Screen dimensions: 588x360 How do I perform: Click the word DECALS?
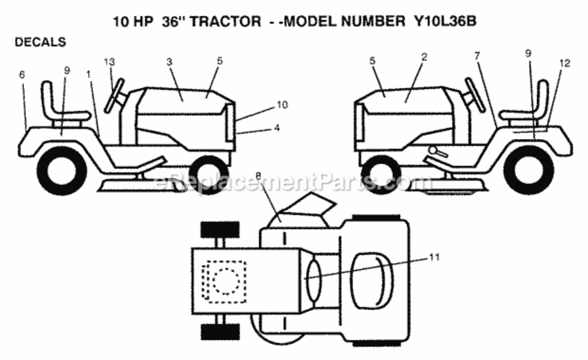point(40,42)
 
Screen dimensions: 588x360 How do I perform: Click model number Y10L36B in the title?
point(445,21)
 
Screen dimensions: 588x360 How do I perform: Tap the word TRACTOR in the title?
point(225,22)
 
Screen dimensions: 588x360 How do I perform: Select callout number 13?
point(110,62)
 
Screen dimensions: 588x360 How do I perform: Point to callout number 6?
point(22,75)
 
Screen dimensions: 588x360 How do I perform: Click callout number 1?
point(88,74)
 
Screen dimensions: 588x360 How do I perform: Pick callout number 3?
point(169,62)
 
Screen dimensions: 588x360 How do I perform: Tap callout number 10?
point(282,105)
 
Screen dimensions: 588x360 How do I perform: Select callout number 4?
point(277,128)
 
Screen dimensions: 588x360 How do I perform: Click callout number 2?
point(424,57)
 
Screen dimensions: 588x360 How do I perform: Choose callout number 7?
point(477,56)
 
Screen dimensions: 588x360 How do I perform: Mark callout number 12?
point(565,63)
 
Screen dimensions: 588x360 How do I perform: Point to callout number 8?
point(258,176)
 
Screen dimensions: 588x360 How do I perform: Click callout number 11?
point(434,257)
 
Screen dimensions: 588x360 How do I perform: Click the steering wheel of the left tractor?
point(114,96)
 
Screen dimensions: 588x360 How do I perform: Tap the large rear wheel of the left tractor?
point(62,171)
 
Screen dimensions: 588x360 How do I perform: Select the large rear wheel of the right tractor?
point(529,170)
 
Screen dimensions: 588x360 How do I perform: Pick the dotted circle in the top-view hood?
point(226,281)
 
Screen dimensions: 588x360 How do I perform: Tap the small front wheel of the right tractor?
point(381,175)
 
